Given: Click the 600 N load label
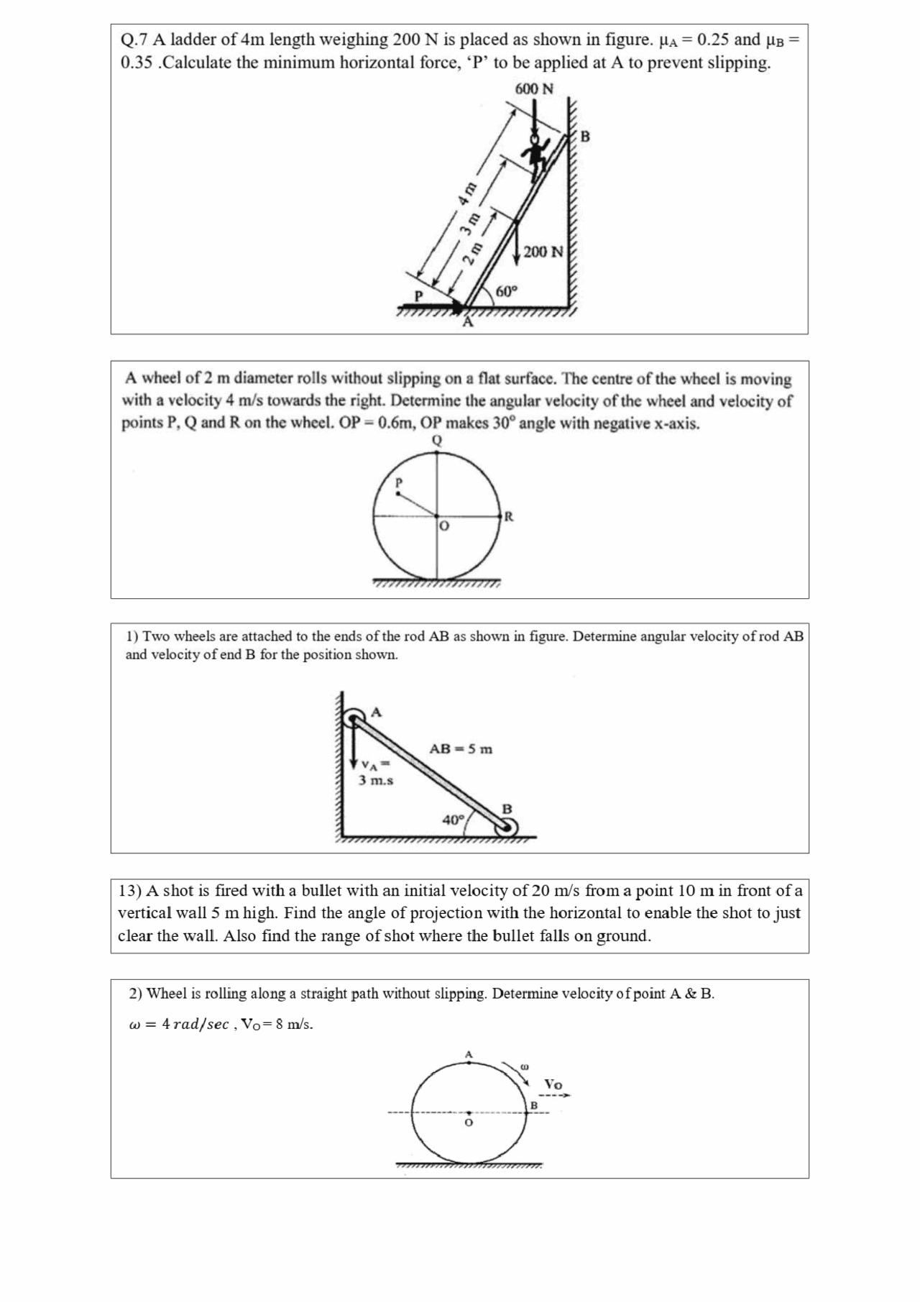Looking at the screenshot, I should (x=534, y=88).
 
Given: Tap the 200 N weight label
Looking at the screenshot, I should (x=544, y=252).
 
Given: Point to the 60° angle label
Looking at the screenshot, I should (x=506, y=291).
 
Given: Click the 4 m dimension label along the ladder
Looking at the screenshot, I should (x=468, y=194).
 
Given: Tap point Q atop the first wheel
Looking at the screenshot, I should (x=437, y=440).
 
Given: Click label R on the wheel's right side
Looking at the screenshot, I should (x=509, y=516).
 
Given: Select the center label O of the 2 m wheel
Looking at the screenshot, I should (x=444, y=527).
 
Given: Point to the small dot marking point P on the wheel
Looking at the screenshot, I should (x=397, y=493).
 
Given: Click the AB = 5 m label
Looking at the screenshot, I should (x=461, y=748).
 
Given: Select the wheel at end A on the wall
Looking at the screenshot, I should (x=353, y=718).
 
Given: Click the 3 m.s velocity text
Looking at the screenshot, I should (x=376, y=780).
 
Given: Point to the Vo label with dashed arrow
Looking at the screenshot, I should (x=553, y=1084).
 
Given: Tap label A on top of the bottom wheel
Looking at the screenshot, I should (x=469, y=1054).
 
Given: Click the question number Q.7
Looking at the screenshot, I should (x=134, y=40).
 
